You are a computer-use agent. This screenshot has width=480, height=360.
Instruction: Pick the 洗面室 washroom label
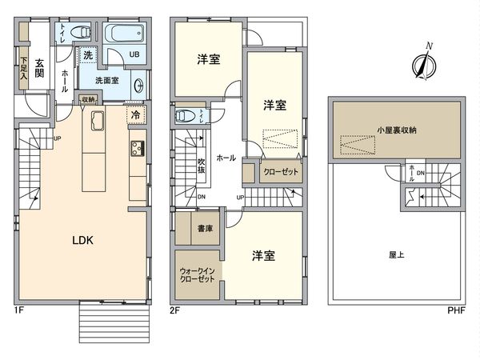pos(108,80)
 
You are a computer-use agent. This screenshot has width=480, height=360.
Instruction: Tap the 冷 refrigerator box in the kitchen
pos(136,116)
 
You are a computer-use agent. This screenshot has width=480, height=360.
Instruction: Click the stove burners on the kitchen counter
pos(135,148)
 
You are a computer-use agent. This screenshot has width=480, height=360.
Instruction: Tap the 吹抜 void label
pos(203,166)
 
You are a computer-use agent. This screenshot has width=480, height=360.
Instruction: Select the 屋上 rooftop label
pos(397,255)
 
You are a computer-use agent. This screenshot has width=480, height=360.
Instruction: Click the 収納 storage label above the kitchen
pos(88,98)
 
